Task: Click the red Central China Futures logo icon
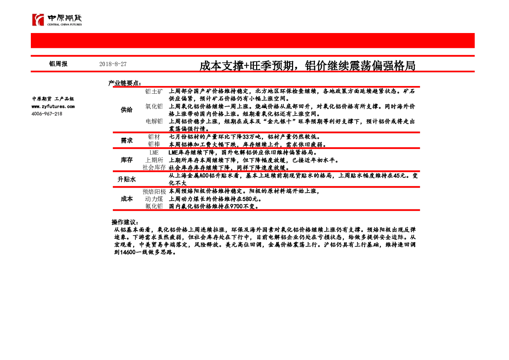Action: (38, 20)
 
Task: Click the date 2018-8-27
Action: (113, 64)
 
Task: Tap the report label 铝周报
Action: (58, 64)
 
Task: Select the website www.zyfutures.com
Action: (53, 106)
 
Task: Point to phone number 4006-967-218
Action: (47, 114)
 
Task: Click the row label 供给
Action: (127, 110)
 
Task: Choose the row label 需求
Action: (127, 140)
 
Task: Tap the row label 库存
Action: (127, 160)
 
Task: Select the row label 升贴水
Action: (127, 179)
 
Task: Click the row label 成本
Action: (127, 199)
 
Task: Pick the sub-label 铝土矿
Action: (154, 91)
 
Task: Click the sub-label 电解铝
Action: (154, 121)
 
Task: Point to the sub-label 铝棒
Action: (154, 144)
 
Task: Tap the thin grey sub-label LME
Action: (154, 152)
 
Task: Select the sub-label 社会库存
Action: (154, 168)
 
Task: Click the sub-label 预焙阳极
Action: (154, 191)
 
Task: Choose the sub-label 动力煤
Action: (154, 199)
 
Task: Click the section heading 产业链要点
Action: (125, 83)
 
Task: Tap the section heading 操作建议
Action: (125, 222)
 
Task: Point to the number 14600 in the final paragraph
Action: (128, 252)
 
